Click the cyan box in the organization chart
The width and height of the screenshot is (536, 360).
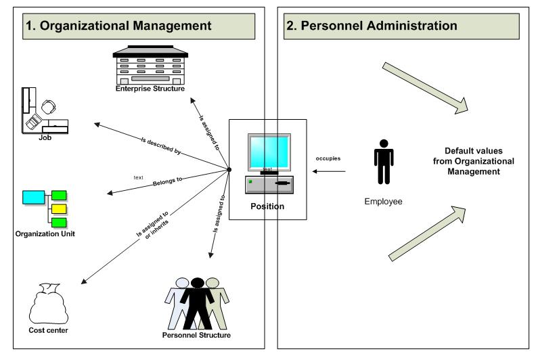click(x=32, y=198)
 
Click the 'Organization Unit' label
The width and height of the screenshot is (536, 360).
click(x=45, y=234)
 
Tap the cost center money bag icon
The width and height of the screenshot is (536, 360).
click(x=47, y=307)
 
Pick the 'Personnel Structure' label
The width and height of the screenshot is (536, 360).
click(x=197, y=335)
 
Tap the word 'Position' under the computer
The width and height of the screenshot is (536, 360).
click(x=267, y=206)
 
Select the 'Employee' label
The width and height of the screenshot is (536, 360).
click(x=383, y=202)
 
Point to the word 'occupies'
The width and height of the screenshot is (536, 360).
click(x=328, y=158)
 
